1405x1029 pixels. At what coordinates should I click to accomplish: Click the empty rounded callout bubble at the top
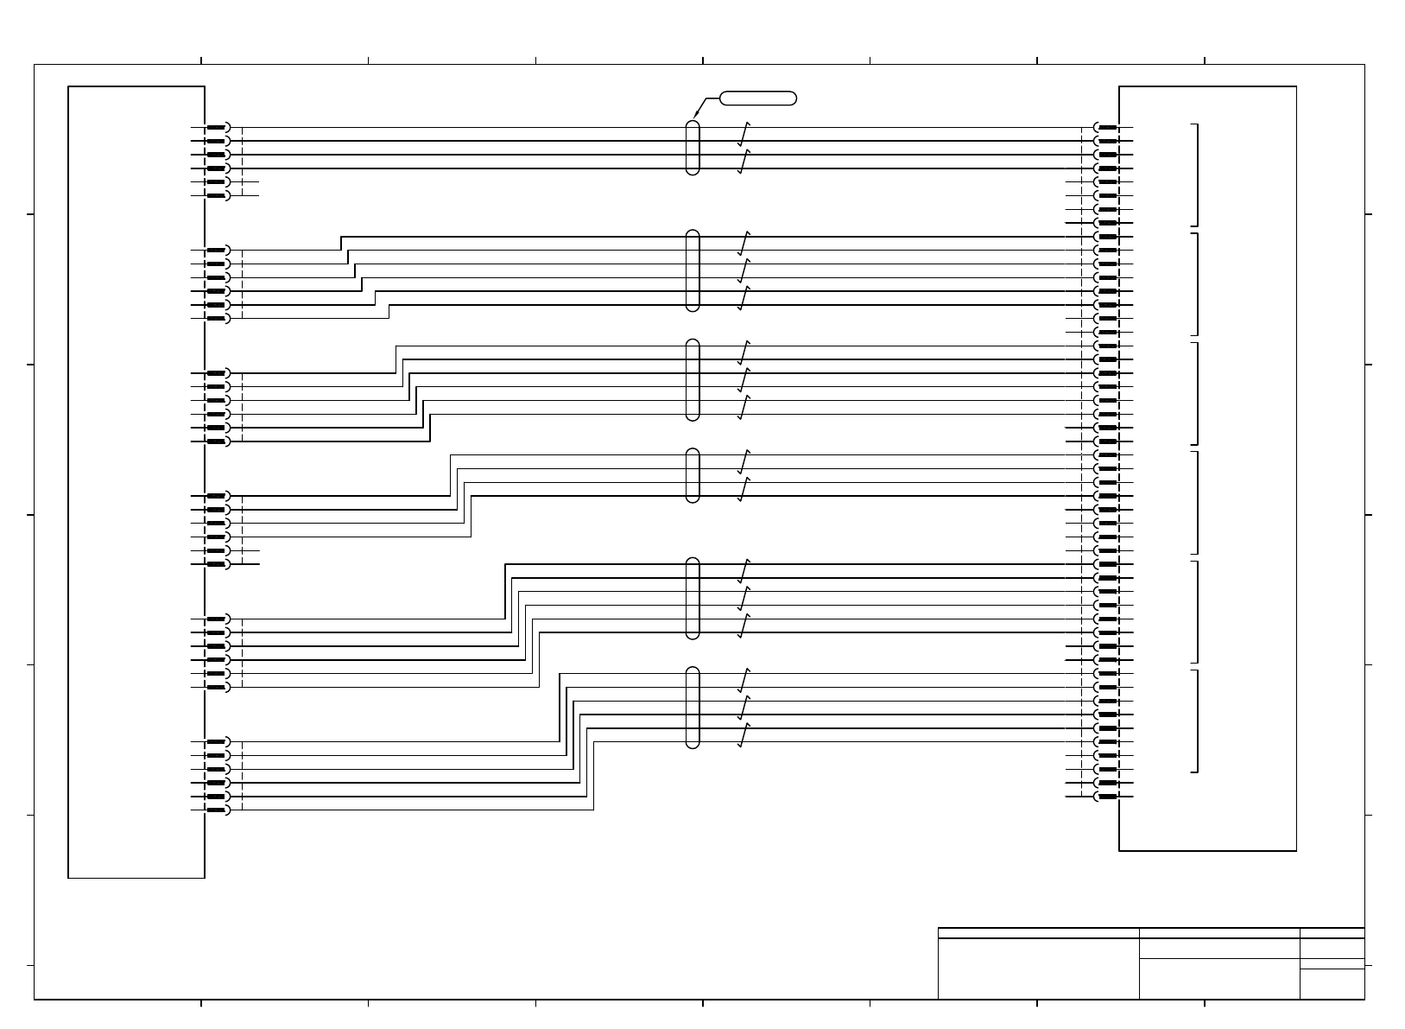click(x=757, y=98)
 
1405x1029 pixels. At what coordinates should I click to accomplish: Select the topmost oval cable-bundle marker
click(x=692, y=148)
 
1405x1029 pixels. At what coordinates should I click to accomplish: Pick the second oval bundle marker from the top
click(x=692, y=270)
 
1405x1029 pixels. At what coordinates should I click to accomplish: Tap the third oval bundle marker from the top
click(x=692, y=380)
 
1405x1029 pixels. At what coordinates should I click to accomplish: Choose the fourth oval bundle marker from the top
click(x=692, y=475)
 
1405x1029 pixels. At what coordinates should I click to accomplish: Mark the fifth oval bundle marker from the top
click(x=692, y=598)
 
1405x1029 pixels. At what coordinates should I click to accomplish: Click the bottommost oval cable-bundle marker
click(x=692, y=708)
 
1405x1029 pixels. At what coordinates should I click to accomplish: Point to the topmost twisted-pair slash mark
click(x=744, y=134)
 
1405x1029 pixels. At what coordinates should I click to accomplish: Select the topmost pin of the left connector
click(x=217, y=128)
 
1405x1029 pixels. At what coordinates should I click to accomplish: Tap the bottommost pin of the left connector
click(x=217, y=810)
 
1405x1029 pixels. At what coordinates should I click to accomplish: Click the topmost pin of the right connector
click(x=1107, y=128)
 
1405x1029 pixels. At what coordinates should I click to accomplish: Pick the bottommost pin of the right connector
click(x=1107, y=797)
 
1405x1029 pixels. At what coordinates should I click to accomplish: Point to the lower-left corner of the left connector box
click(x=69, y=877)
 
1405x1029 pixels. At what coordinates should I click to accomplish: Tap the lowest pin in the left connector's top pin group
click(x=217, y=196)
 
